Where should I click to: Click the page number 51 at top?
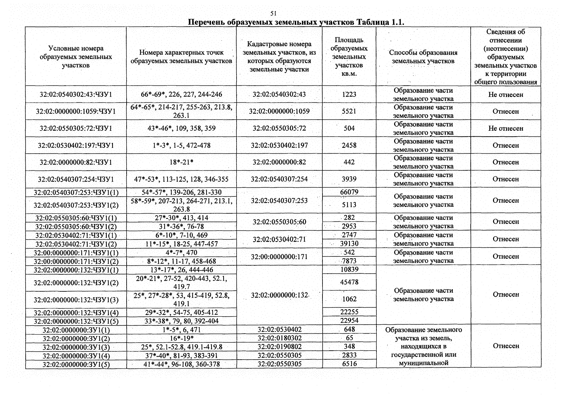273,14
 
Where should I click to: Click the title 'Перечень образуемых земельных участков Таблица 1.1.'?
296,22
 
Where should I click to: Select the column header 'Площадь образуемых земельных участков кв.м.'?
349,57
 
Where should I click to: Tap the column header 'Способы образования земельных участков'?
423,57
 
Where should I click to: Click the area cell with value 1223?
349,94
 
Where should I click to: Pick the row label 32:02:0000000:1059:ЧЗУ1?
76,111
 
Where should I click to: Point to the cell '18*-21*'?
181,162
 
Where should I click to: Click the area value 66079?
349,192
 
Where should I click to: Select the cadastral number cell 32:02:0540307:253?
279,200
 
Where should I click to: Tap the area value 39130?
349,244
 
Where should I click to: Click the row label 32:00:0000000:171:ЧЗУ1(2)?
76,261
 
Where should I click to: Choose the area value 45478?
349,282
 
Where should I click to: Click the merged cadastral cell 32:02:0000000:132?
279,295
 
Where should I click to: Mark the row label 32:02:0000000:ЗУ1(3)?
76,347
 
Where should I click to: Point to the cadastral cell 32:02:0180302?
279,338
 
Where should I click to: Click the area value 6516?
349,364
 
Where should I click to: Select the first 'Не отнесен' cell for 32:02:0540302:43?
505,95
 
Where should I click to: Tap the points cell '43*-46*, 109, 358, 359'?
181,128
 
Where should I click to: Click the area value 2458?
349,145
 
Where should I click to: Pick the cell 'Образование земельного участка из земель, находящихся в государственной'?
423,346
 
